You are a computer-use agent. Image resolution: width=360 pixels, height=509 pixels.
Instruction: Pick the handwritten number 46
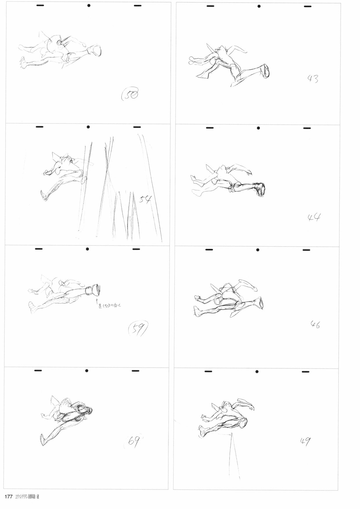click(315, 324)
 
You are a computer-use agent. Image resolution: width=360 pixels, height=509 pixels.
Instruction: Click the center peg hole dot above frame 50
click(89, 5)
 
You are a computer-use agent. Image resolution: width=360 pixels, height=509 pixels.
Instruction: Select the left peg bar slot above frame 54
click(39, 127)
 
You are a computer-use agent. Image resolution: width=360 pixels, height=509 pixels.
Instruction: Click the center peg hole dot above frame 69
click(87, 371)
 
